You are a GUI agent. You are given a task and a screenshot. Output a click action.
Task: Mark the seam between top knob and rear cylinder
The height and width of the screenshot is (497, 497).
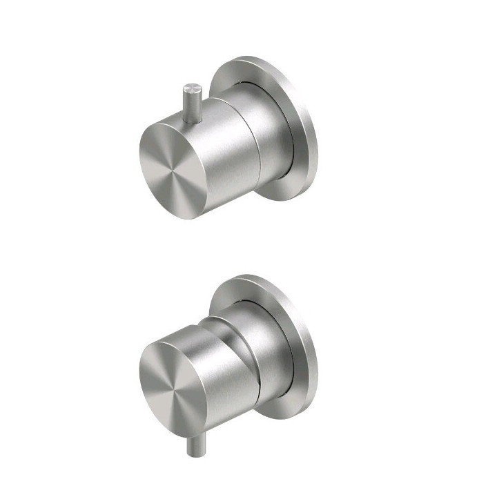point(253,145)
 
